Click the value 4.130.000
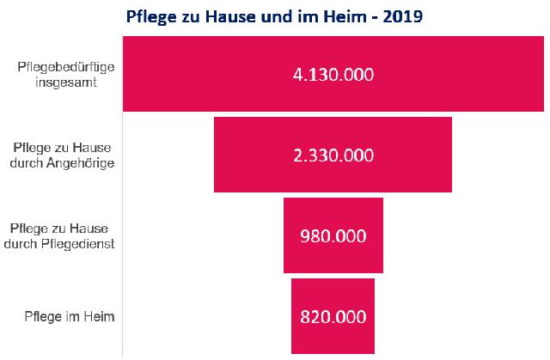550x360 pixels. point(333,75)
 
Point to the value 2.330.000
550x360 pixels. point(333,156)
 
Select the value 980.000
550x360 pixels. point(333,235)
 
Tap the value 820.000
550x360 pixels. point(333,316)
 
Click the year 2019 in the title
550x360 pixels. point(403,15)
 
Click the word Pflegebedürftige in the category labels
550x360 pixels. point(65,66)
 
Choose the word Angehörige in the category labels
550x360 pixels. point(86,162)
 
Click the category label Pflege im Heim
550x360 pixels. point(70,316)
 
